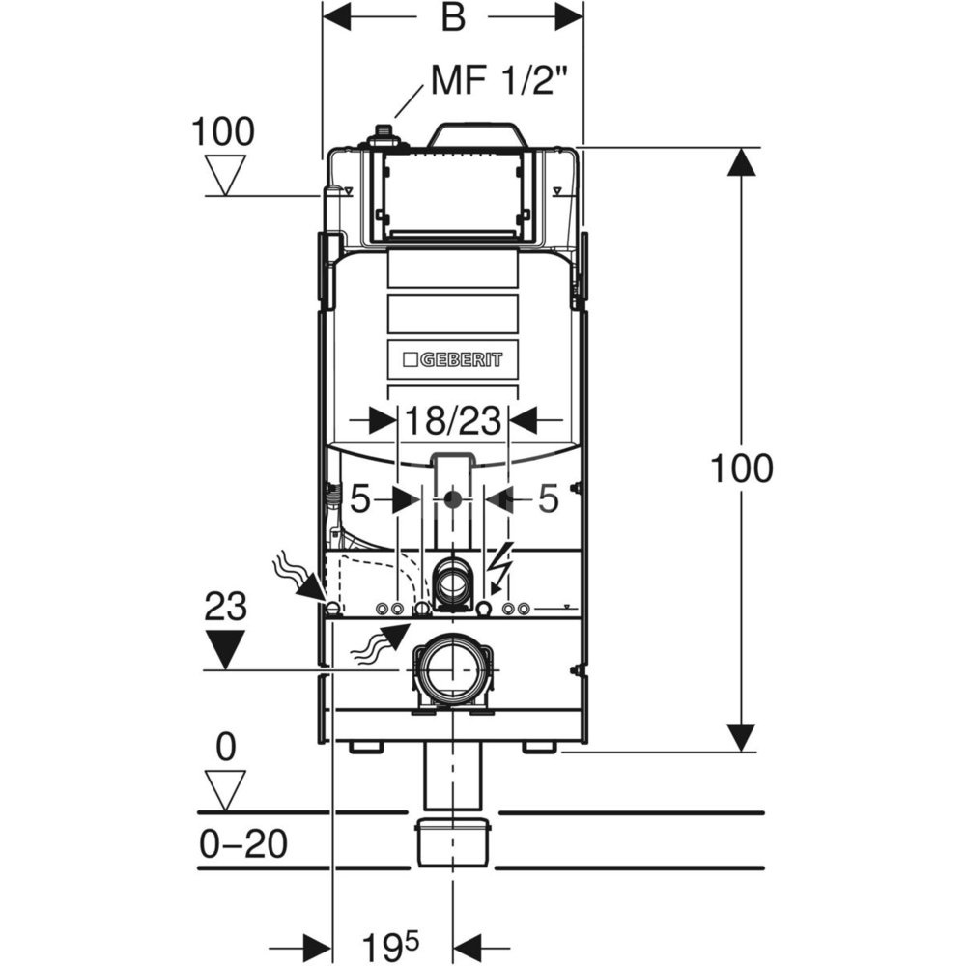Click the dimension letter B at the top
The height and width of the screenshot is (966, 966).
[x=452, y=19]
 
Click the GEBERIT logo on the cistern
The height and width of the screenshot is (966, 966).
[x=451, y=358]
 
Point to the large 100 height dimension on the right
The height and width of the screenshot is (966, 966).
[x=741, y=469]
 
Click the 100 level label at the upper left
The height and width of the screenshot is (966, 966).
[x=223, y=130]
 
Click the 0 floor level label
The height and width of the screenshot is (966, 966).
[x=226, y=747]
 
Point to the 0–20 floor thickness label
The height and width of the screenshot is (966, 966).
[x=242, y=845]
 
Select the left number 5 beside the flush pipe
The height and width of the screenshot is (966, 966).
[x=360, y=499]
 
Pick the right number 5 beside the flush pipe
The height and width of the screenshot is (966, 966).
[x=548, y=499]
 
